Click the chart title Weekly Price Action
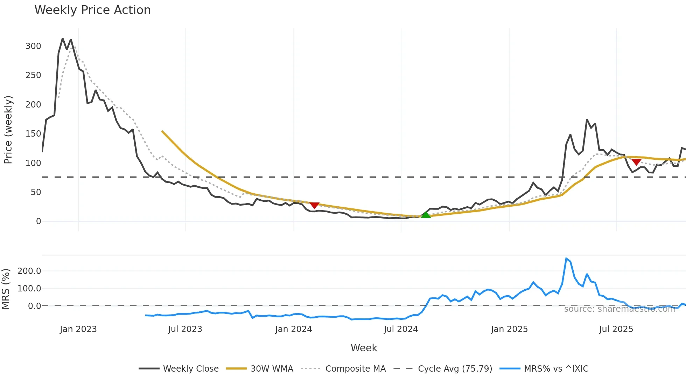pyautogui.click(x=92, y=10)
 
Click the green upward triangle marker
pyautogui.click(x=426, y=214)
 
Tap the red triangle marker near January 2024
pyautogui.click(x=314, y=205)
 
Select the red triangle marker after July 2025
pyautogui.click(x=636, y=162)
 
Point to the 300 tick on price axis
pyautogui.click(x=33, y=46)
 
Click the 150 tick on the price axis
pyautogui.click(x=33, y=134)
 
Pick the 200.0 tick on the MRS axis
pyautogui.click(x=29, y=271)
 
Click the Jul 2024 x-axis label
pyautogui.click(x=401, y=329)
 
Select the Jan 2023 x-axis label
pyautogui.click(x=78, y=329)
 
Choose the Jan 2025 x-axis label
pyautogui.click(x=509, y=329)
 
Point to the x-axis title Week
pyautogui.click(x=364, y=348)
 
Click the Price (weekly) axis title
pyautogui.click(x=8, y=130)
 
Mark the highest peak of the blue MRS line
pyautogui.click(x=566, y=259)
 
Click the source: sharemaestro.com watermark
pyautogui.click(x=619, y=309)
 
